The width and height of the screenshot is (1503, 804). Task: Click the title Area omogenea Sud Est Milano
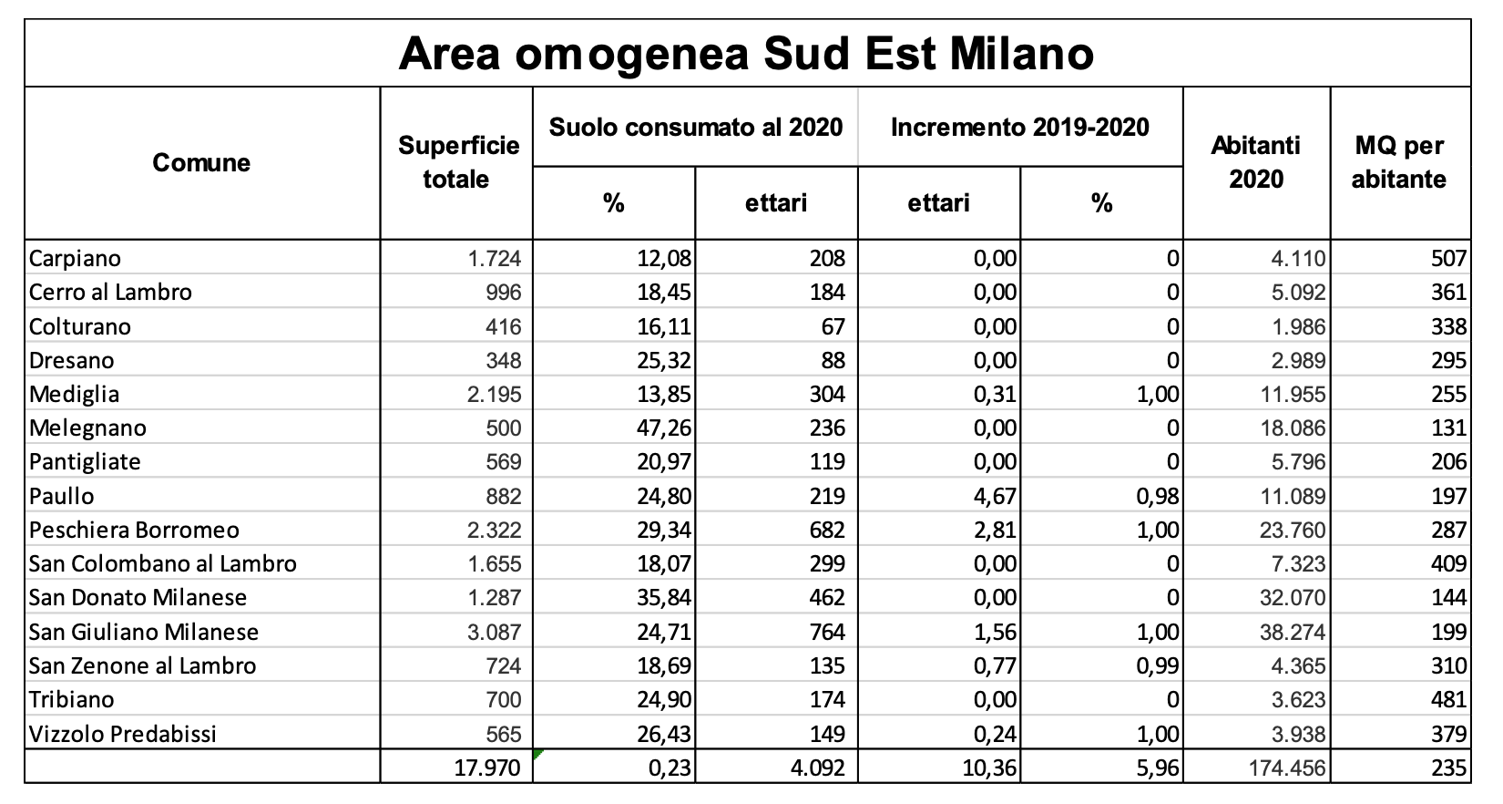[x=746, y=54]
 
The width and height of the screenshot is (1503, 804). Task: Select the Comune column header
[x=201, y=162]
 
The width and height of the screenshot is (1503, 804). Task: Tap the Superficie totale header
[x=458, y=162]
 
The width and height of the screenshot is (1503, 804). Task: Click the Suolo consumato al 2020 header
[x=696, y=127]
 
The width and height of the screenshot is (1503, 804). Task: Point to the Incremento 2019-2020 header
[x=1020, y=127]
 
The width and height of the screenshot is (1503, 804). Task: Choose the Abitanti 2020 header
[x=1255, y=162]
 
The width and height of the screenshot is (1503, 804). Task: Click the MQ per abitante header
[x=1399, y=162]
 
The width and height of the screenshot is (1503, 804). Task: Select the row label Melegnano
[x=87, y=428]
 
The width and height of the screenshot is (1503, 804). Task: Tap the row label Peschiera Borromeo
[x=134, y=530]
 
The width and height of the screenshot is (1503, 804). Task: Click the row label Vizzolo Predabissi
[x=123, y=734]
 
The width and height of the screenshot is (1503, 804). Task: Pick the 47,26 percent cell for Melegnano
[x=664, y=428]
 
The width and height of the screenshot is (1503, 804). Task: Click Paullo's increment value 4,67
[x=995, y=497]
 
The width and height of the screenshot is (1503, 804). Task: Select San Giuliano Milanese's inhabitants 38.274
[x=1293, y=632]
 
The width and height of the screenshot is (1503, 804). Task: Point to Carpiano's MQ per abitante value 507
[x=1448, y=259]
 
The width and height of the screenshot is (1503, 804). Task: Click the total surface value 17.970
[x=487, y=768]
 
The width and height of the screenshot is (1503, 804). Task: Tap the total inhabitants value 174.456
[x=1287, y=768]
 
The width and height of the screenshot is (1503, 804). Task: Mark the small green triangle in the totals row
[x=537, y=754]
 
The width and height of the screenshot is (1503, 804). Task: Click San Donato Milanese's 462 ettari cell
[x=826, y=598]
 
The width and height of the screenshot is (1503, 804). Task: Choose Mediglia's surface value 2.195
[x=494, y=395]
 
